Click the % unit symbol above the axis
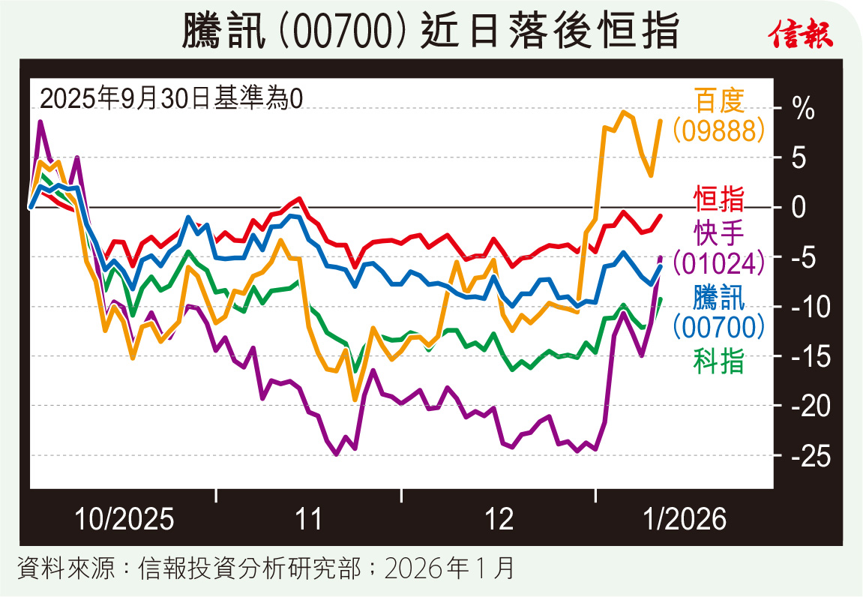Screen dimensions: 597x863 tap(804, 109)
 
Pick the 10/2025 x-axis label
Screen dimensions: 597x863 tap(124, 518)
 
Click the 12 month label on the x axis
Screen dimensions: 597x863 tap(499, 518)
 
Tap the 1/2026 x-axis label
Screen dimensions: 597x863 tap(684, 518)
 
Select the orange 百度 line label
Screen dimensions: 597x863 tap(719, 100)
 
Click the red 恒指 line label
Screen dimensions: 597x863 tap(719, 200)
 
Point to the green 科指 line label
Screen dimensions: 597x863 tap(719, 362)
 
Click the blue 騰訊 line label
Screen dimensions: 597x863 tap(719, 299)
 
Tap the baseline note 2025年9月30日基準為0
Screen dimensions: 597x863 tap(170, 97)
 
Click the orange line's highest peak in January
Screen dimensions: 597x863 tap(623, 112)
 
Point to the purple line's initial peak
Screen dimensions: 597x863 tap(40, 121)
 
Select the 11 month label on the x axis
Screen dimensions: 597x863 tap(307, 518)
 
